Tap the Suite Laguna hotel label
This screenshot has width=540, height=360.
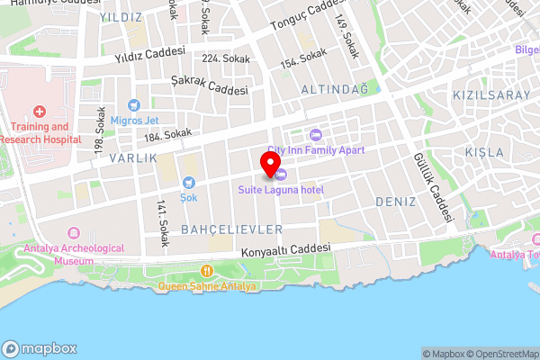coord(281,190)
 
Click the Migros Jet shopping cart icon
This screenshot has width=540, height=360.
coord(134,105)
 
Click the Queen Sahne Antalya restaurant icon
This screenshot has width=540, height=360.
coord(207,270)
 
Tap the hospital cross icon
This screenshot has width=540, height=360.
coord(40,112)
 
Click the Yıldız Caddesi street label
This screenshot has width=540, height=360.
coord(149,54)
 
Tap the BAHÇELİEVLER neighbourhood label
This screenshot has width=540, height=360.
coord(232,229)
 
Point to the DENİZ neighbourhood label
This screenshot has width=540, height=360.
coord(395,202)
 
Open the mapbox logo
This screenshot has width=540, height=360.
coord(40,349)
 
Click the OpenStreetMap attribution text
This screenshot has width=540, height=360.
coord(499,354)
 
